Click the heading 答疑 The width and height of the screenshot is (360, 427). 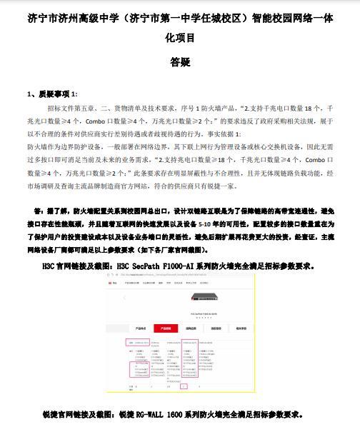pos(179,63)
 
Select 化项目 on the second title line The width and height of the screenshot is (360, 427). pos(179,39)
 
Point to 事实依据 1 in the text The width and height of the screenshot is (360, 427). pos(226,134)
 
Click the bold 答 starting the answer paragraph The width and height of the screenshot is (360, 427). pos(36,212)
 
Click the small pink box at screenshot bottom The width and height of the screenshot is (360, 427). pos(184,386)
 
